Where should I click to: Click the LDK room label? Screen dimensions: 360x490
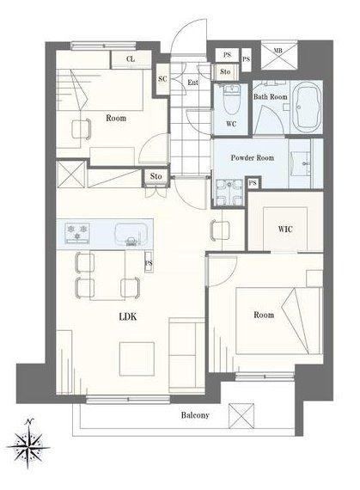click(x=128, y=316)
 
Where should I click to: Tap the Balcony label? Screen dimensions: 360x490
click(x=195, y=415)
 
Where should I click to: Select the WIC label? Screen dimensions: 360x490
click(x=285, y=229)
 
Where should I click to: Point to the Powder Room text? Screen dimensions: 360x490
click(x=253, y=157)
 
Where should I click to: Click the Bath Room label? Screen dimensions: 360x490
click(x=271, y=97)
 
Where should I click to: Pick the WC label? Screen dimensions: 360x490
click(x=231, y=124)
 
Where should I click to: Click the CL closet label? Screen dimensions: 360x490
click(x=131, y=58)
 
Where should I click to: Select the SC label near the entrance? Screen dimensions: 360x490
click(x=162, y=79)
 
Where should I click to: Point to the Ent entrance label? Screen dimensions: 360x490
click(x=192, y=83)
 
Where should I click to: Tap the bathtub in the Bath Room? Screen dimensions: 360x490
click(x=308, y=107)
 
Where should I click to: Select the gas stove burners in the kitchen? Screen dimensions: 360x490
click(x=77, y=232)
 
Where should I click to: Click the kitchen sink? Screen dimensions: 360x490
click(x=131, y=235)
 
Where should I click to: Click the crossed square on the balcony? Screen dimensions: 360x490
click(x=241, y=416)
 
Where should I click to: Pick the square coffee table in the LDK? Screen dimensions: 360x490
click(x=137, y=358)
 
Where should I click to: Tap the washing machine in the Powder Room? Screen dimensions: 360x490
click(x=229, y=193)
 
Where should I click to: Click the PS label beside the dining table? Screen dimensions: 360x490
click(x=149, y=263)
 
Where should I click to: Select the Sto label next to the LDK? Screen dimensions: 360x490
click(x=156, y=176)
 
